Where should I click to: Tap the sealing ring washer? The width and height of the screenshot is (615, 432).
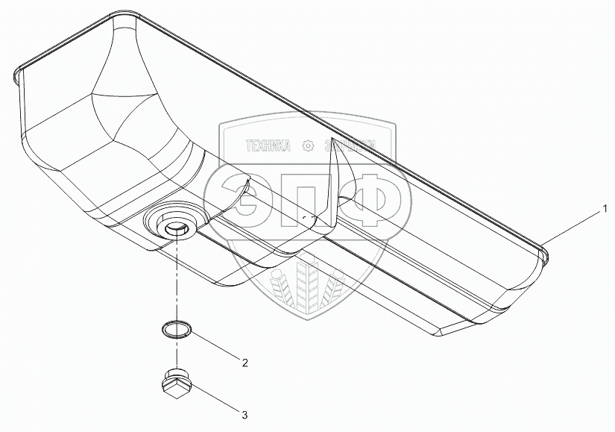coord(174,328)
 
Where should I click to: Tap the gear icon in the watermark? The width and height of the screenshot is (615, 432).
coord(306,147)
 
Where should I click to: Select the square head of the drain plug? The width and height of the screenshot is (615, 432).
coord(173,387)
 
